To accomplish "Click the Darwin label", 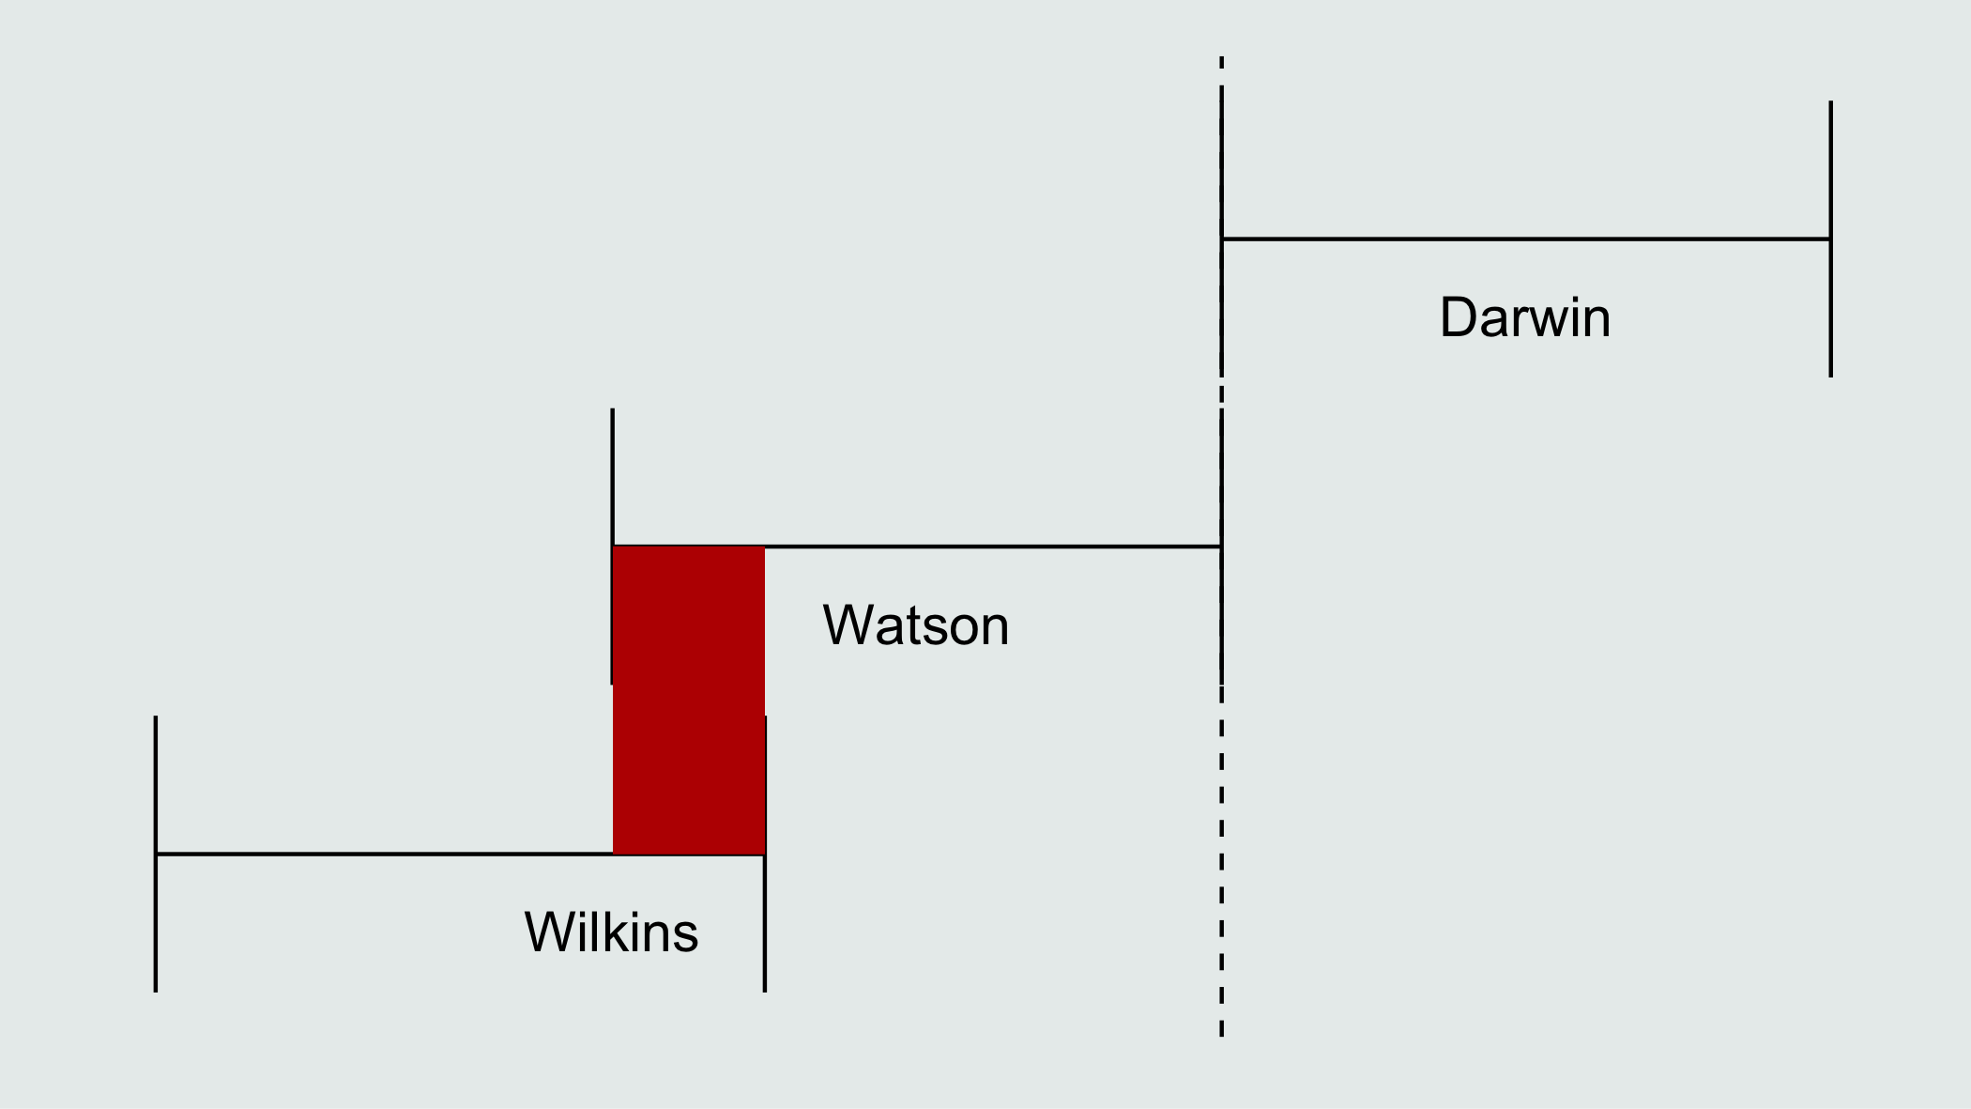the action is [1525, 317].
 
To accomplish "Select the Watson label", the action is [916, 625].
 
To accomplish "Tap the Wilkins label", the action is [611, 932].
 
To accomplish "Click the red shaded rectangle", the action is [689, 700].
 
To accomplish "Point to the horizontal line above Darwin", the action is [1526, 239].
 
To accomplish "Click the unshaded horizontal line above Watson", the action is [993, 546].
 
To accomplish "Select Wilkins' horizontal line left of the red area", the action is [384, 854].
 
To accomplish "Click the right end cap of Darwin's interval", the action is [1831, 239].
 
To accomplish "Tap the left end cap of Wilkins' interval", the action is [156, 854].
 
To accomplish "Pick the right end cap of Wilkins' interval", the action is [765, 854].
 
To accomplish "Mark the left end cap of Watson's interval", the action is [612, 546].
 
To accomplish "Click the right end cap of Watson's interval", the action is [1221, 546].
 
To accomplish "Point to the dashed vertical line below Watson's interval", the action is [1221, 861].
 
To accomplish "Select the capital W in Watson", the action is [849, 625].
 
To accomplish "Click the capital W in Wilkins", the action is [551, 932].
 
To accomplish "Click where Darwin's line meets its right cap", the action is [1831, 239].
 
